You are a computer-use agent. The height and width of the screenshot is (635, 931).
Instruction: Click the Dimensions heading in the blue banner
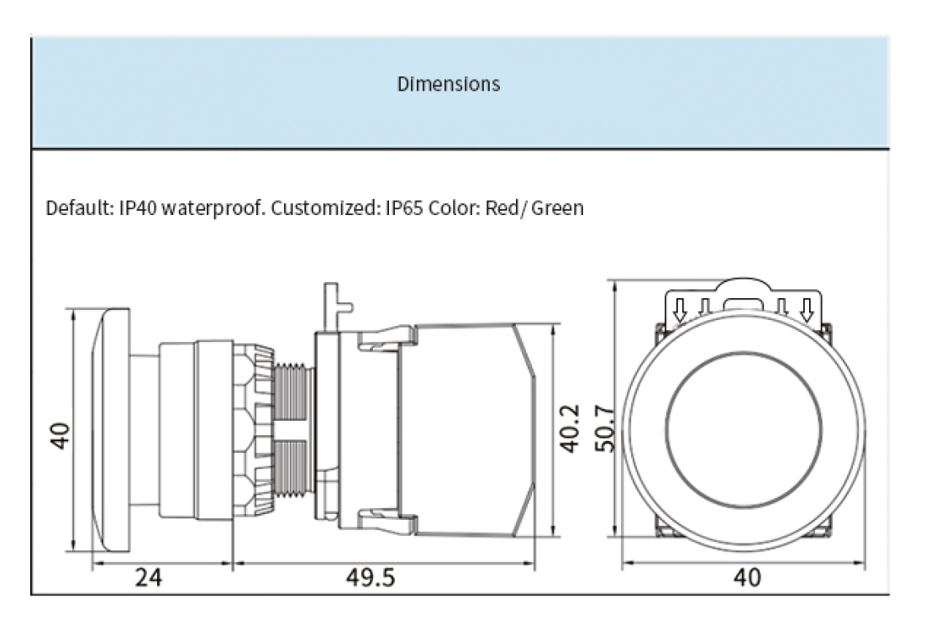pyautogui.click(x=448, y=84)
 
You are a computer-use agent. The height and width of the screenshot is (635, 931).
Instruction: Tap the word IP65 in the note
pyautogui.click(x=405, y=207)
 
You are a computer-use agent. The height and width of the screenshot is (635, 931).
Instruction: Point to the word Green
pyautogui.click(x=555, y=207)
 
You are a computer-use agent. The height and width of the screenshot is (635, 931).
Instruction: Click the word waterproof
pyautogui.click(x=213, y=207)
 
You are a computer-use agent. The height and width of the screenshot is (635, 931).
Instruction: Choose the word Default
pyautogui.click(x=76, y=207)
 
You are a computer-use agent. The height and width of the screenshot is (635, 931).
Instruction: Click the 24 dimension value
pyautogui.click(x=149, y=578)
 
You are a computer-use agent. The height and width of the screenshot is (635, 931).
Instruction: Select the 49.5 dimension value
pyautogui.click(x=371, y=578)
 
